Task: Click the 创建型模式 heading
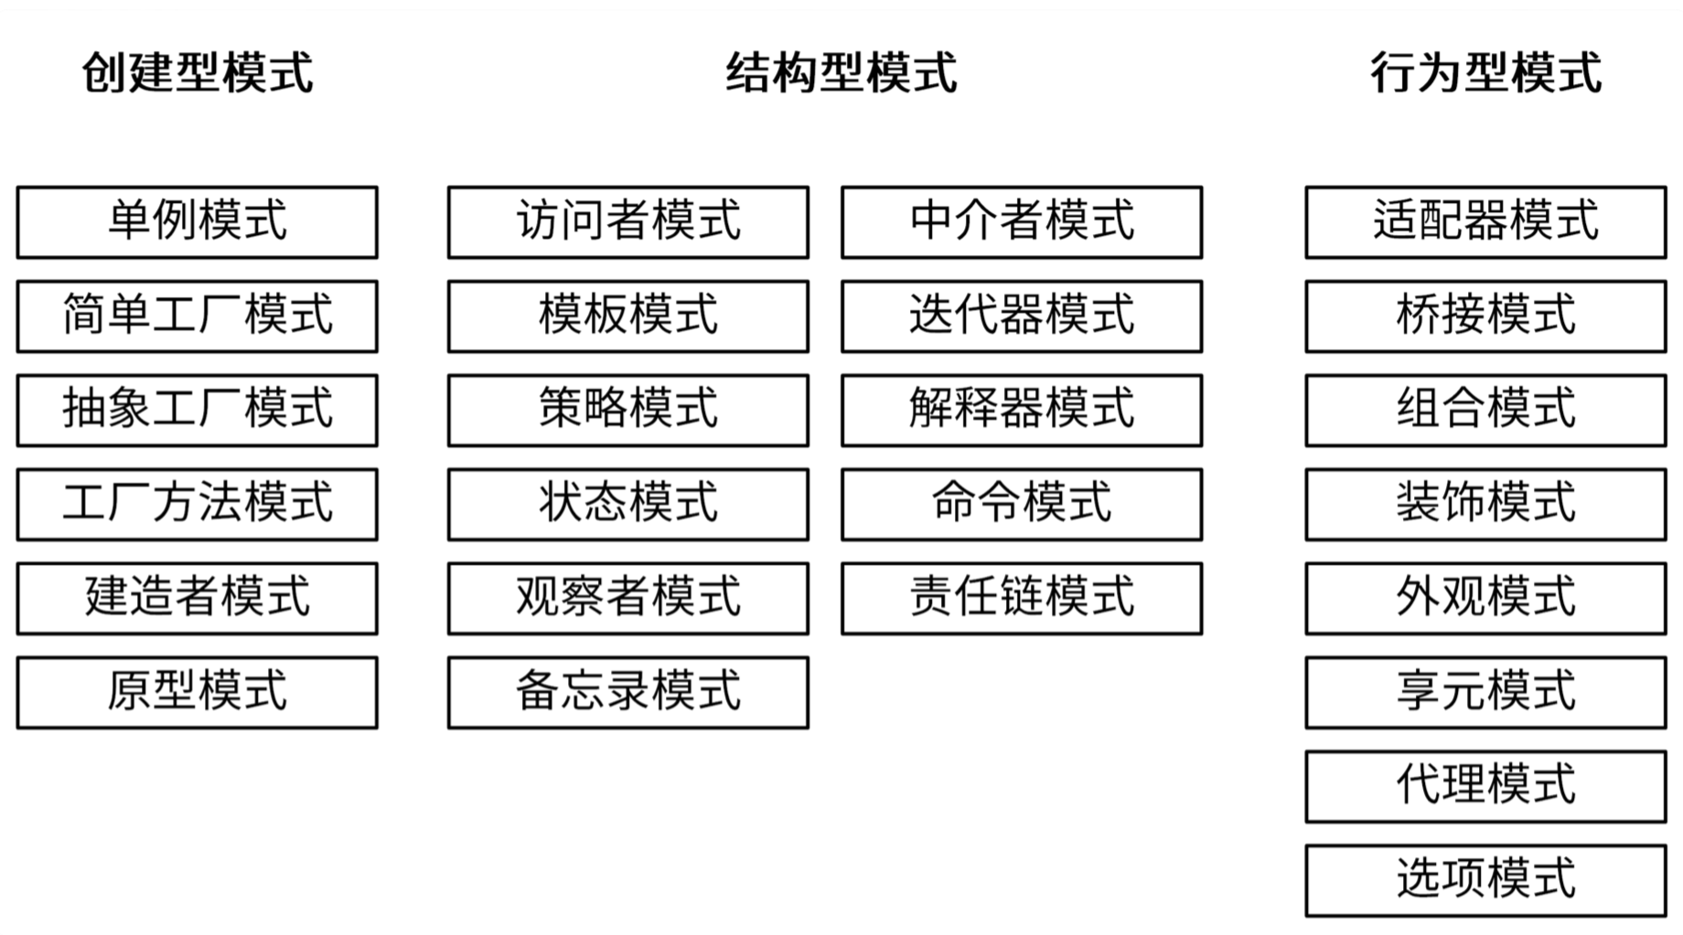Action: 198,72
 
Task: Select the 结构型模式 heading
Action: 841,72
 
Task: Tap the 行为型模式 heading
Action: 1486,72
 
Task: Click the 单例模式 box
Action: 197,222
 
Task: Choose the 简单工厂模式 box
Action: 197,317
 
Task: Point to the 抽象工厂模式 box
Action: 197,410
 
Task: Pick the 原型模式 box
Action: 197,693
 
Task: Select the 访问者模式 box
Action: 628,222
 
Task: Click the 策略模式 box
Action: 628,410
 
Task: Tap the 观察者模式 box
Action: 628,598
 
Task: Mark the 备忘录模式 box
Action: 628,693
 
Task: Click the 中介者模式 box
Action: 1022,222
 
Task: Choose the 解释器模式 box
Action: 1022,410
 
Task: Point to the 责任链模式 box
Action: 1022,598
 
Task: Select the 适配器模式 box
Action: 1486,222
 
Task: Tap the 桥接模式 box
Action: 1486,317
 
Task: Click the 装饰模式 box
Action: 1486,504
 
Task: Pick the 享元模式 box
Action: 1486,693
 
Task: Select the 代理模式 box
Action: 1486,787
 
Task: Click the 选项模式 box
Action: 1486,880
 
